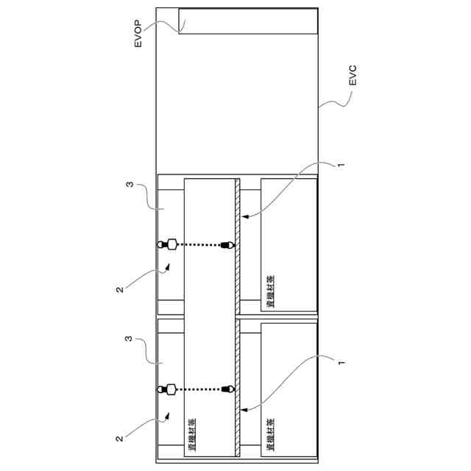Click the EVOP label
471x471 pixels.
click(x=138, y=37)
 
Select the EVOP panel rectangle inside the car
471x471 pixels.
click(x=248, y=21)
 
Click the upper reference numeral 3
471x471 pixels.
click(x=130, y=186)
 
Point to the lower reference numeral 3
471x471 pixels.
click(x=130, y=341)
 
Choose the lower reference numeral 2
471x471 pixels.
click(x=120, y=438)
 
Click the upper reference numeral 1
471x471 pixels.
click(x=340, y=166)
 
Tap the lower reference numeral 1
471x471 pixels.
click(x=340, y=362)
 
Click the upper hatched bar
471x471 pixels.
click(x=238, y=247)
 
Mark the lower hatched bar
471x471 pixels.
click(x=238, y=390)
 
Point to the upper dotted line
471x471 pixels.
click(x=199, y=245)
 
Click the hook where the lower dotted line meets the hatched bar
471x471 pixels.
click(x=227, y=389)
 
